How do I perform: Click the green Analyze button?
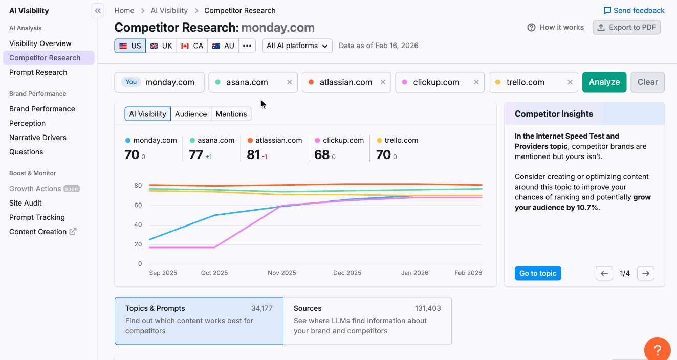[x=604, y=82]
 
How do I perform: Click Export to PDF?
[x=626, y=27]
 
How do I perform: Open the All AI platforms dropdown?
[x=297, y=46]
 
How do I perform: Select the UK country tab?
[x=161, y=46]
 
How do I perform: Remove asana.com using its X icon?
[x=290, y=82]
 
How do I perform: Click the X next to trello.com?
[x=570, y=82]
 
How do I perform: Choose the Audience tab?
[x=191, y=114]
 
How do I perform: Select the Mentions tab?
[x=231, y=114]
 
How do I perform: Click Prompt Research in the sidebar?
[x=38, y=72]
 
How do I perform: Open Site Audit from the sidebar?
[x=26, y=203]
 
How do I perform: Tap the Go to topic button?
[x=538, y=273]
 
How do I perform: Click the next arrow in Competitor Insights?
[x=645, y=273]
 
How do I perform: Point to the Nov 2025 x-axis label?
[x=281, y=273]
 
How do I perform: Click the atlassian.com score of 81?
[x=253, y=154]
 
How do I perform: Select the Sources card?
[x=367, y=321]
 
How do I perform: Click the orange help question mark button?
[x=657, y=350]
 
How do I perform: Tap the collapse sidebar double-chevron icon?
[x=98, y=11]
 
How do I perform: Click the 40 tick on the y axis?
[x=138, y=224]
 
